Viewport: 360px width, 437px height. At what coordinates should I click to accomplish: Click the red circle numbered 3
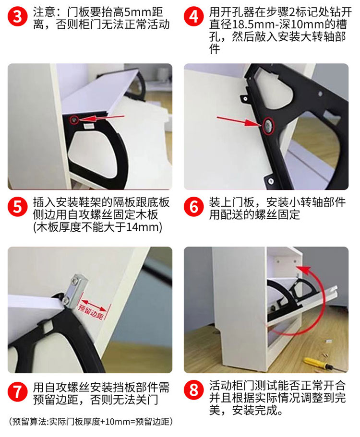pyautogui.click(x=18, y=16)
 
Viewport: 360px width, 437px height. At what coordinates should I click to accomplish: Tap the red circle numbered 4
pyautogui.click(x=194, y=16)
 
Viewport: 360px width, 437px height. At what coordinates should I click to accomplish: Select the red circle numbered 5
pyautogui.click(x=18, y=207)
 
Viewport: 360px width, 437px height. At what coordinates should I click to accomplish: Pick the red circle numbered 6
pyautogui.click(x=194, y=207)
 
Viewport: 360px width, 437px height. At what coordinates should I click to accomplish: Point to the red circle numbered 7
pyautogui.click(x=18, y=392)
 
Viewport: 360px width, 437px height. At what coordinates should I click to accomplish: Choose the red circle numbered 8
pyautogui.click(x=194, y=390)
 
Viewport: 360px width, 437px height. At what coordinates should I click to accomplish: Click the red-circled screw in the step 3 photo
pyautogui.click(x=74, y=120)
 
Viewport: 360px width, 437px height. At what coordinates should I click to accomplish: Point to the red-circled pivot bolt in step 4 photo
pyautogui.click(x=268, y=126)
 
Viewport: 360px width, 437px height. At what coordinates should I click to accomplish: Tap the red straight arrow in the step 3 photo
pyautogui.click(x=101, y=118)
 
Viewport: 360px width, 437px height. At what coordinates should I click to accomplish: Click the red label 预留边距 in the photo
pyautogui.click(x=91, y=312)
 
